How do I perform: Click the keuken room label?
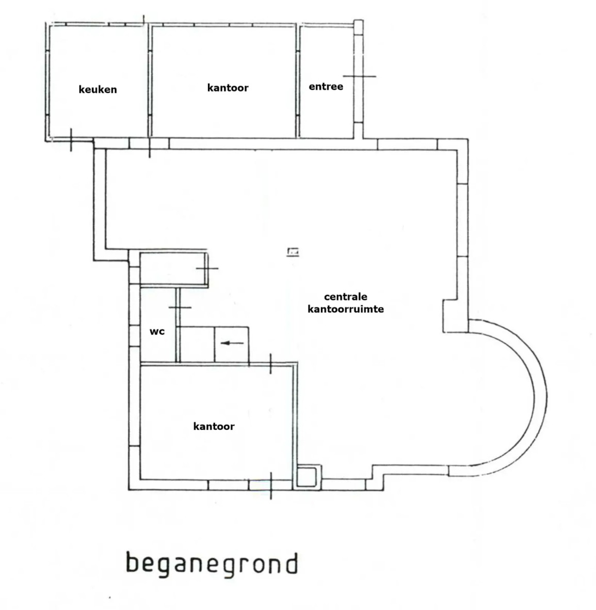98,89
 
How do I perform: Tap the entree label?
326,86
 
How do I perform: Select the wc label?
157,331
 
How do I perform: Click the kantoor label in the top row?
228,88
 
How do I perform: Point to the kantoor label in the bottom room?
214,426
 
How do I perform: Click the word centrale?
345,297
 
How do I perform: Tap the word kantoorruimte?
345,309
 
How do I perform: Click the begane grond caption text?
212,564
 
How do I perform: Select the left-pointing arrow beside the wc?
232,343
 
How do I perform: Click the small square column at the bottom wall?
307,476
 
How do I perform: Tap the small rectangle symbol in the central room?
293,252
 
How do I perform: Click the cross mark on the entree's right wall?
359,76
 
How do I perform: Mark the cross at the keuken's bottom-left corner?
71,140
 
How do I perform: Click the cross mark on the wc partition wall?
180,308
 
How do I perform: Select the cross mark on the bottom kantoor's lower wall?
271,485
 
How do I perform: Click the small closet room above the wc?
173,269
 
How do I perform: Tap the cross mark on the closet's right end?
207,268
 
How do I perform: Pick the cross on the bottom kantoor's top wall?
271,364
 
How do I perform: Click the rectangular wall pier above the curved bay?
456,316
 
